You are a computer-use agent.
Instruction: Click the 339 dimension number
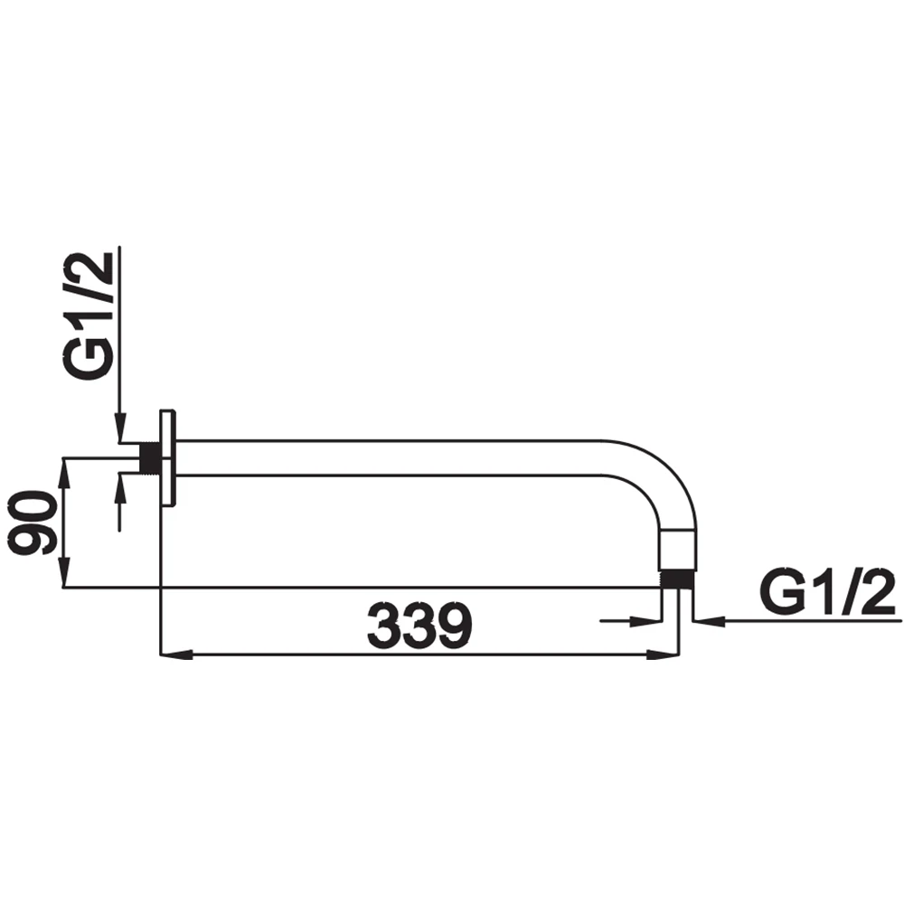(x=419, y=626)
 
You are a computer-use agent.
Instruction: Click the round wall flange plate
(x=168, y=458)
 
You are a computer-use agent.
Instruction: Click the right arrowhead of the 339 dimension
(x=662, y=654)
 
